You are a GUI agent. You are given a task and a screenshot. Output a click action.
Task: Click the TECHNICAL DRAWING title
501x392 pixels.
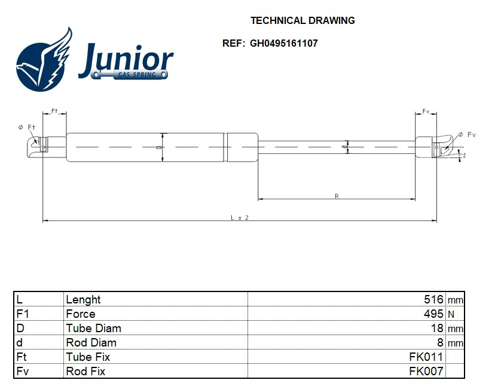coord(302,20)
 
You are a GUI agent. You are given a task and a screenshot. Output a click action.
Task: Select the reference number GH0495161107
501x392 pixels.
coord(283,44)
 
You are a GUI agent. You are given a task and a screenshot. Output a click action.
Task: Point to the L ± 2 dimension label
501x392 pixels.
coord(239,217)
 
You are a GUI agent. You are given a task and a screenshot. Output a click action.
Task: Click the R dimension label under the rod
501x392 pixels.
coord(337,196)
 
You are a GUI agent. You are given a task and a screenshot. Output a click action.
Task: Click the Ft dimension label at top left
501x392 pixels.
coord(54,112)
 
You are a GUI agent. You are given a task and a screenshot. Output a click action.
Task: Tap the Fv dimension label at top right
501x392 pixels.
coord(426,112)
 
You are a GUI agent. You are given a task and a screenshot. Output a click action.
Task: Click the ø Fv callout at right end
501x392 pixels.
coord(466,135)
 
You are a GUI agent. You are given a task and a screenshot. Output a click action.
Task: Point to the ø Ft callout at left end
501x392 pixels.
coord(27,127)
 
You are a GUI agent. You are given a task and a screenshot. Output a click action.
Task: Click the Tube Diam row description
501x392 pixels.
coord(93,328)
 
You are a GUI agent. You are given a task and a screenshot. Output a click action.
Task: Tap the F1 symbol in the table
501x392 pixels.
coord(22,314)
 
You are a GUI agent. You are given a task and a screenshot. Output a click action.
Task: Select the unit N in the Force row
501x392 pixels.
coord(451,315)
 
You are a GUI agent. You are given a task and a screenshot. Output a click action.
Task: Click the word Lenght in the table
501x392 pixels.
coord(83,299)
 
